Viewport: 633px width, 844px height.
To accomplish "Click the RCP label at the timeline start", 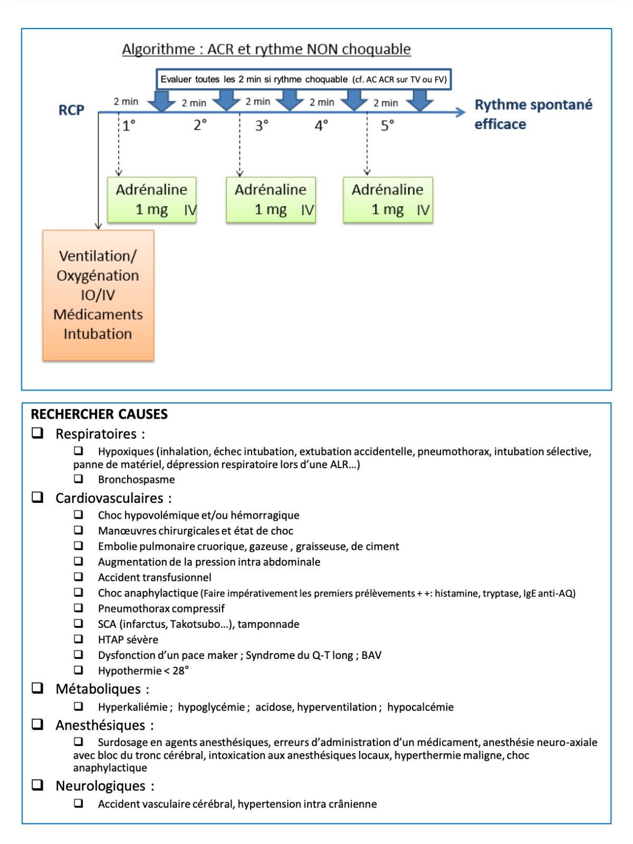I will coord(71,110).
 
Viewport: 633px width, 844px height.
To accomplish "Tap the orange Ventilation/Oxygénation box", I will coord(98,295).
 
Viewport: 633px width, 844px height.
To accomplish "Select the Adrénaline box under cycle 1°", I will coord(152,200).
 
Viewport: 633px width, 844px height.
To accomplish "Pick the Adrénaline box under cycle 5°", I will coord(388,200).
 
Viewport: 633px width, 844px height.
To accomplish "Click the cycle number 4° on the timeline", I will coord(321,126).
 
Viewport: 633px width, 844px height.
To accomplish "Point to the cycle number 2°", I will coord(200,125).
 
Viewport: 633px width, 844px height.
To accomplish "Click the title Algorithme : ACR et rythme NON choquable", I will coord(266,50).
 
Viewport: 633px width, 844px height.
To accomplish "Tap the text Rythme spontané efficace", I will coord(533,114).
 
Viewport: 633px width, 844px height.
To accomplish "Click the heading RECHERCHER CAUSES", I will coord(99,414).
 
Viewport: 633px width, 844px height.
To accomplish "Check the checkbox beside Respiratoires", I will coord(37,433).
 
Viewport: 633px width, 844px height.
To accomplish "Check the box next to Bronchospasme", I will coord(79,479).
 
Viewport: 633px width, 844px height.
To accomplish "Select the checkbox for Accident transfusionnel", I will coord(79,577).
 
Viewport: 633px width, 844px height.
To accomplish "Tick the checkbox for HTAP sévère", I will coord(79,639).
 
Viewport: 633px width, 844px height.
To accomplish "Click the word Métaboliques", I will coord(98,689).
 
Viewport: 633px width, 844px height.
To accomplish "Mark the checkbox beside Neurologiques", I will coord(37,785).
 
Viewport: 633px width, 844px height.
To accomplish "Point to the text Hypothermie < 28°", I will coord(143,671).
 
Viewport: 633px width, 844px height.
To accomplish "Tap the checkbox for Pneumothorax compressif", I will coord(79,608).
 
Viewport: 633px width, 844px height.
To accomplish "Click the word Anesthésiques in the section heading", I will coord(100,725).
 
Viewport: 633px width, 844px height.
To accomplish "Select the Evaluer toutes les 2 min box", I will coord(303,80).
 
